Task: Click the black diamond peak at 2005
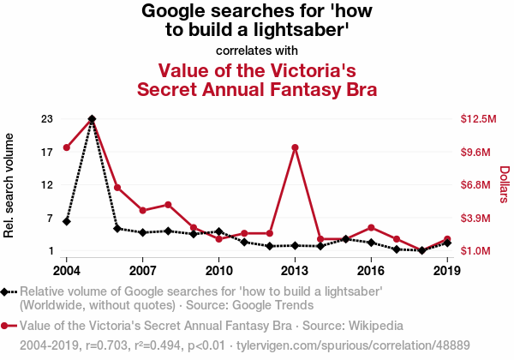click(x=92, y=119)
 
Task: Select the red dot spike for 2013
click(x=295, y=147)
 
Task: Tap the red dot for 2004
click(x=66, y=147)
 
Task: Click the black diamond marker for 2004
click(x=66, y=221)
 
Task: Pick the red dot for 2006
click(x=117, y=188)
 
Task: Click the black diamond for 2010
click(x=218, y=231)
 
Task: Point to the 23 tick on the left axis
click(x=47, y=119)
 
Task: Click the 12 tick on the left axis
click(x=47, y=185)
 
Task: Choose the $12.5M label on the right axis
click(x=478, y=119)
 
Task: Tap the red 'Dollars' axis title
click(x=504, y=184)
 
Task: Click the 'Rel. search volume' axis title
click(x=10, y=185)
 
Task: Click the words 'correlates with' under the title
click(x=257, y=51)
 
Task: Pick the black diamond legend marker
click(x=7, y=292)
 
